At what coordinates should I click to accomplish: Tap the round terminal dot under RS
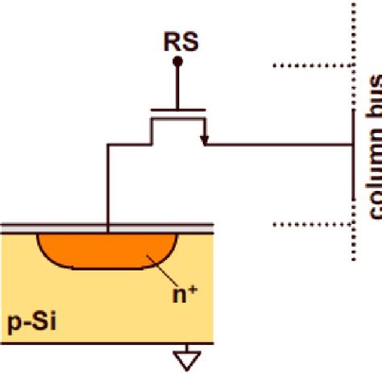(x=178, y=61)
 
